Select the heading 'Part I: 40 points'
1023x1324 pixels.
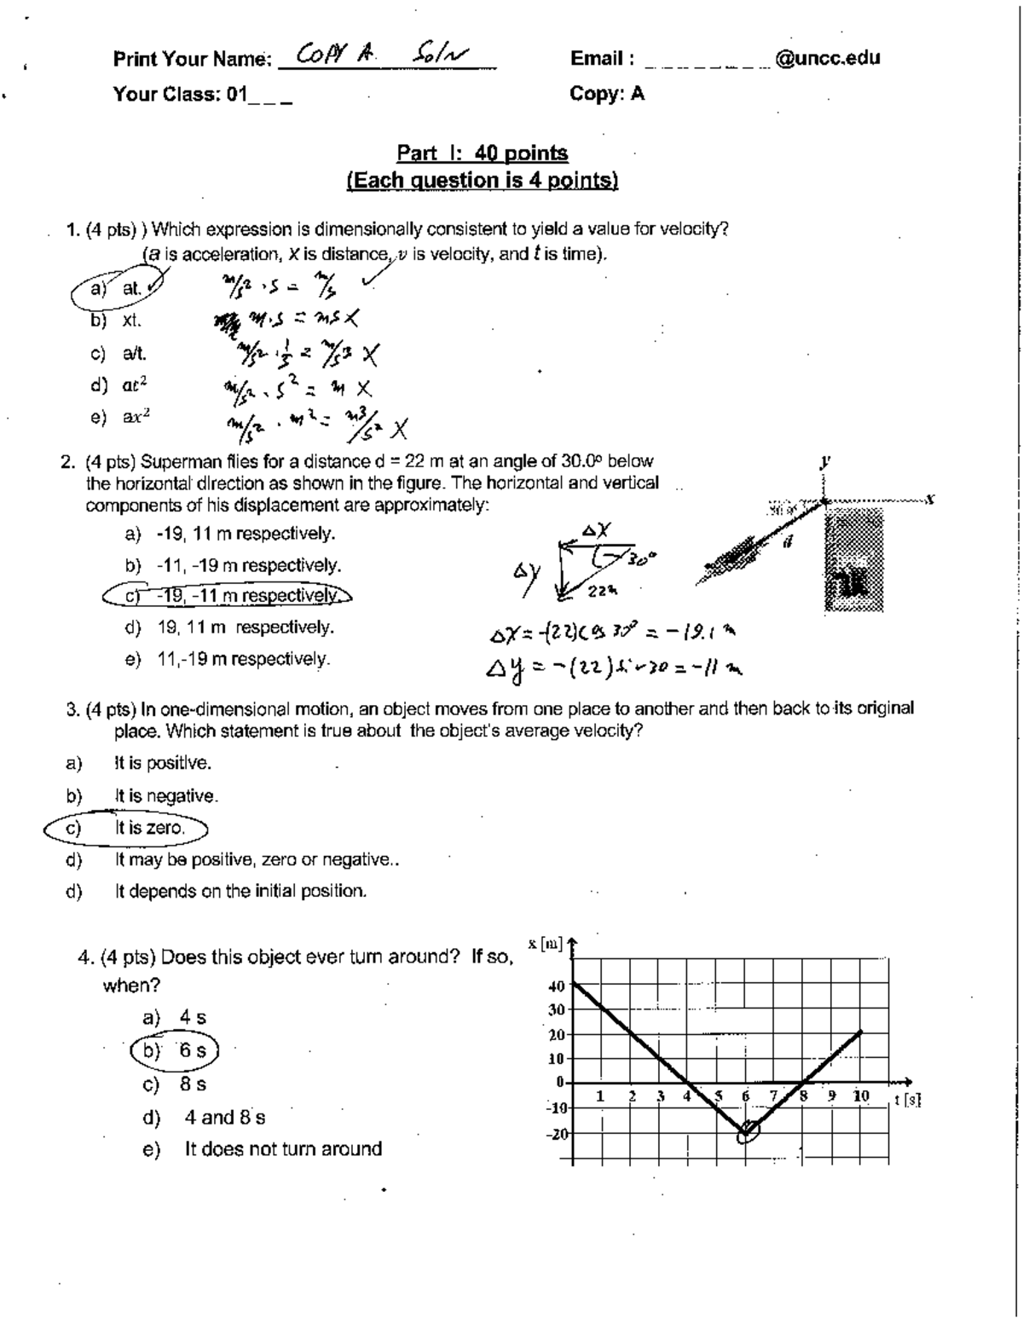pyautogui.click(x=483, y=153)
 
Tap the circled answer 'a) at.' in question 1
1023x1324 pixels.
pyautogui.click(x=119, y=290)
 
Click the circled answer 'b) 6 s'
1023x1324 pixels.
pyautogui.click(x=177, y=1050)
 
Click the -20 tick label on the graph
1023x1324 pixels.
pyautogui.click(x=555, y=1135)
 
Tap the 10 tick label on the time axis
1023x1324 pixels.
pyautogui.click(x=861, y=1096)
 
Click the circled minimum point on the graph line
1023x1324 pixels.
pyautogui.click(x=747, y=1131)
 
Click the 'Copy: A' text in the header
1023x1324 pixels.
pyautogui.click(x=607, y=94)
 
